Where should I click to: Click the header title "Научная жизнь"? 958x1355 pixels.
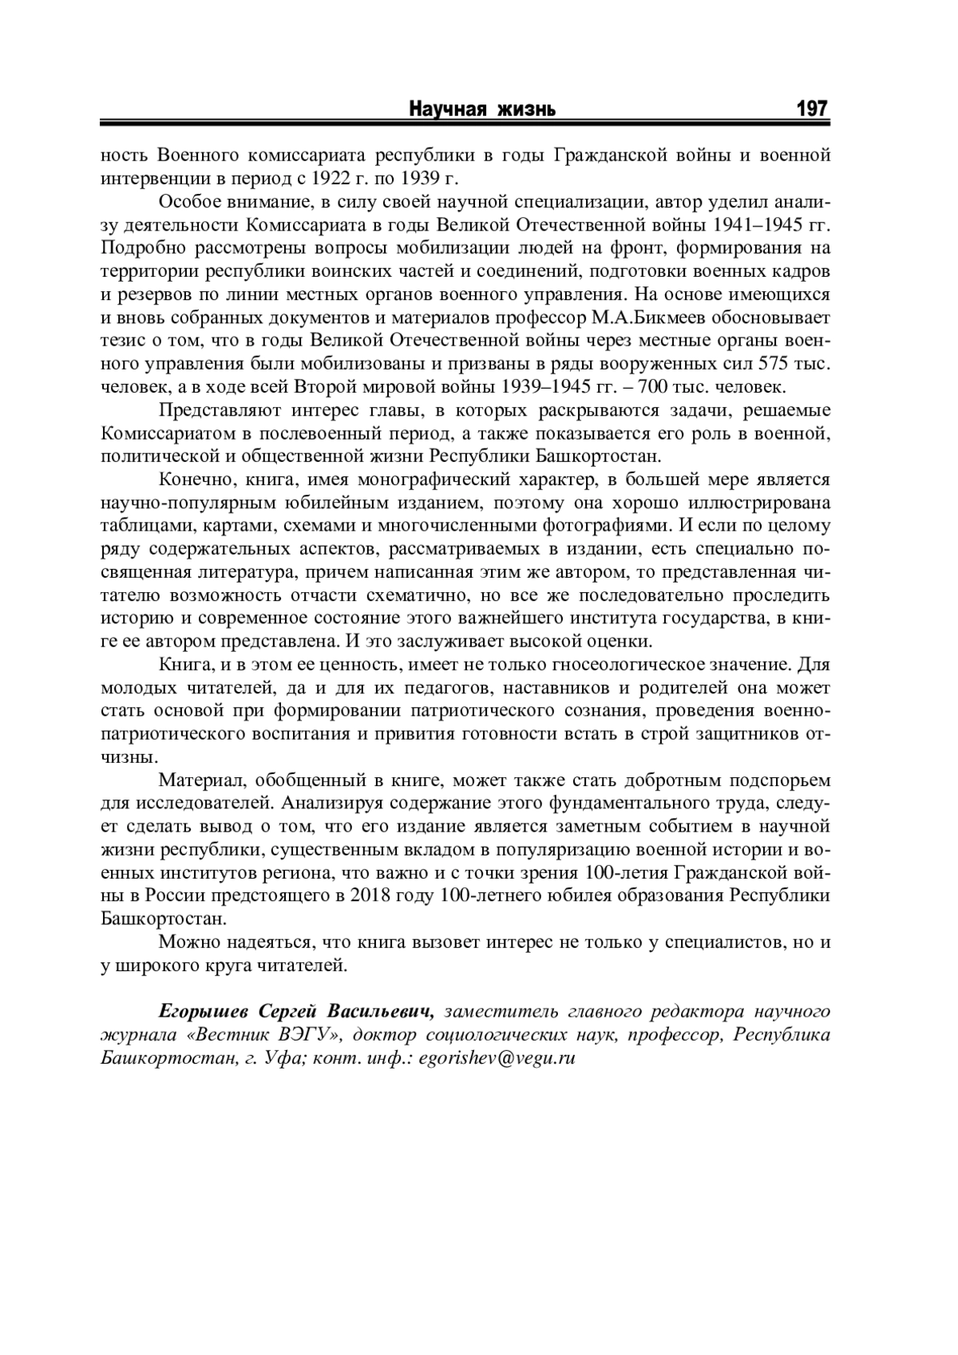point(483,109)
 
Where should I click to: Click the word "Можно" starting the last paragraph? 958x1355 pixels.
point(184,942)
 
